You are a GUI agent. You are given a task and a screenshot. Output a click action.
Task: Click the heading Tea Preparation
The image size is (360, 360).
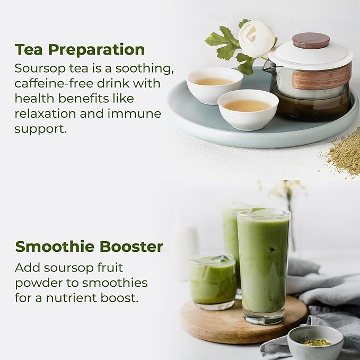pos(80,50)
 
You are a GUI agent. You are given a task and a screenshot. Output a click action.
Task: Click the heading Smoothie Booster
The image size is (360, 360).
pos(89,247)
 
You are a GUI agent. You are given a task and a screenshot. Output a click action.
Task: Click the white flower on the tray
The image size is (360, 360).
pos(256,38)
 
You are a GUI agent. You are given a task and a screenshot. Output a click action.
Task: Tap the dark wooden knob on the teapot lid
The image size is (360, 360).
pos(311,40)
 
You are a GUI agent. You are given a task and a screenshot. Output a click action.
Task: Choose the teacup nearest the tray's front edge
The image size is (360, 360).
pos(248,109)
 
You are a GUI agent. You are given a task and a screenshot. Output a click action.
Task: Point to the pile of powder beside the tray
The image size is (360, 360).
pos(344,154)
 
